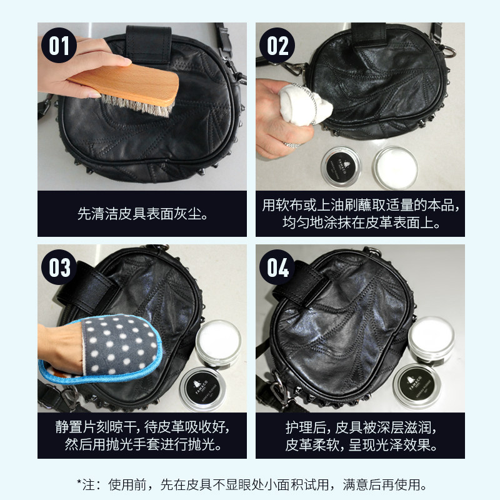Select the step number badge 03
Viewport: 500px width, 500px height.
click(x=60, y=268)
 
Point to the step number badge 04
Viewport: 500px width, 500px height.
click(x=278, y=268)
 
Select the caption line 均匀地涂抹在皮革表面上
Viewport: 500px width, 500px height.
click(x=361, y=222)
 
